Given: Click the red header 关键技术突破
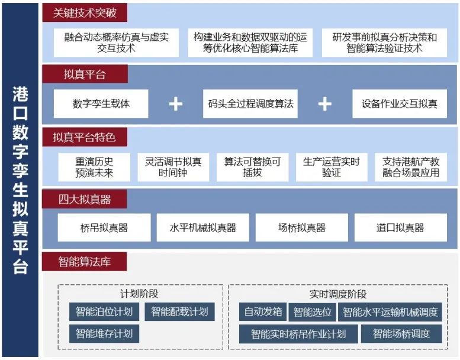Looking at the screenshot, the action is click(85, 12).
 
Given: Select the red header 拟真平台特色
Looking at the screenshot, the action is click(85, 137).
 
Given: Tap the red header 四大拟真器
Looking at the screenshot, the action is click(85, 199).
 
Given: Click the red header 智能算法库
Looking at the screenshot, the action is click(85, 262).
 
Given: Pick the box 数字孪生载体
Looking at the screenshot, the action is click(101, 104).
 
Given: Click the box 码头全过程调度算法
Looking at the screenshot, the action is click(250, 104).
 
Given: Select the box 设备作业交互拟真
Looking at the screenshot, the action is click(400, 104).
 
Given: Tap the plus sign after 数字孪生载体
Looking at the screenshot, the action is click(176, 104).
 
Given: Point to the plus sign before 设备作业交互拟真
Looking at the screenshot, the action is click(325, 104).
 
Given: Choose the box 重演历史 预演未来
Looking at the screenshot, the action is click(94, 167).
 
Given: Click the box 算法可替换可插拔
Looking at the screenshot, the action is click(253, 167).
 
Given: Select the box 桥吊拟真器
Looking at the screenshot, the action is click(104, 228).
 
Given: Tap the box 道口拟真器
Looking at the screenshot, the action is click(401, 228).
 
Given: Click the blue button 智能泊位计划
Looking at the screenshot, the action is click(104, 311).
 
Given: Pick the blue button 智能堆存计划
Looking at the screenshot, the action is click(104, 333).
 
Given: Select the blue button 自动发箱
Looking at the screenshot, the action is click(263, 311).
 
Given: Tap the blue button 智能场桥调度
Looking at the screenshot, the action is click(401, 333).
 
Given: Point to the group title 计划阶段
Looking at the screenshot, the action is click(139, 294).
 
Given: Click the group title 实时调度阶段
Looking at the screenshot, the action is click(338, 294).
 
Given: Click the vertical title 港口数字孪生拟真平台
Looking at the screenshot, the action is click(20, 180).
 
